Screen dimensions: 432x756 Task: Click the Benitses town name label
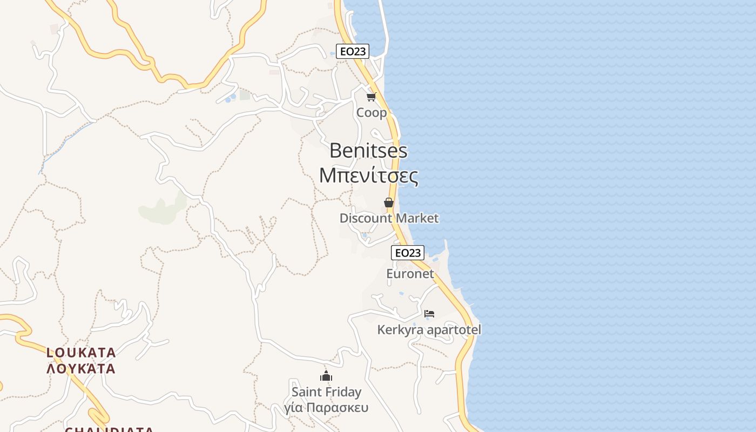[368, 151]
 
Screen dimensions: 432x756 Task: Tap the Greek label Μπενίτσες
[368, 175]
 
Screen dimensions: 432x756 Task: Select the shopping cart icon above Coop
[371, 97]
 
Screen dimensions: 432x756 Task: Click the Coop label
[372, 113]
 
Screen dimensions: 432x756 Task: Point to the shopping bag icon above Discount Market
[388, 202]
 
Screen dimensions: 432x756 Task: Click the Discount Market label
[389, 218]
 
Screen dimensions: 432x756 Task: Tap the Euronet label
[410, 274]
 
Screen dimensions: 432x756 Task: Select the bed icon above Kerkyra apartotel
[429, 313]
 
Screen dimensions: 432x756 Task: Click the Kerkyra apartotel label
[429, 329]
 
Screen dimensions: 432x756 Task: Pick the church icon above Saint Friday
[326, 376]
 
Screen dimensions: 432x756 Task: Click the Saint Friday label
[326, 391]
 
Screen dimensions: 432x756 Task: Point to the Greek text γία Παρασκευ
[326, 407]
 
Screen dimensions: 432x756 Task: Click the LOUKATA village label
[81, 353]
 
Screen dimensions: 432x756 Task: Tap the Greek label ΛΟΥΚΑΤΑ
[81, 369]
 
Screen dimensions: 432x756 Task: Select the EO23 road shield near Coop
[353, 51]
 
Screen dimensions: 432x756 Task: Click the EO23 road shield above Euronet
[408, 253]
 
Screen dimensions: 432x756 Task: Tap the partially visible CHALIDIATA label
[109, 429]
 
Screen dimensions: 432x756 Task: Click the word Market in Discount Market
[416, 218]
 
